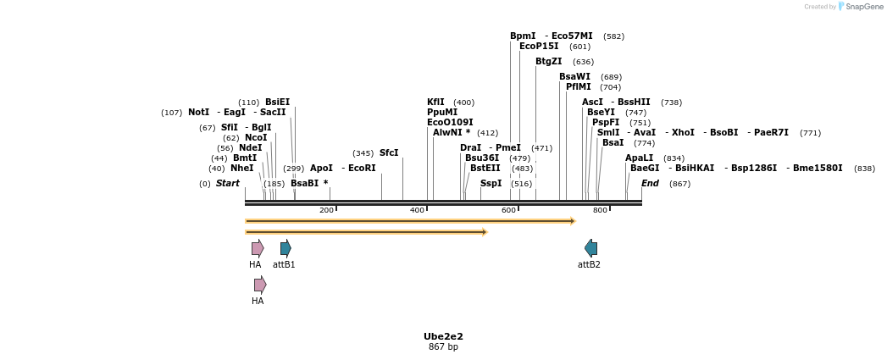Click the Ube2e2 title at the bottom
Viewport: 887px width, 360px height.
pos(443,336)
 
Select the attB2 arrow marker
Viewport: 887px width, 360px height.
pos(590,248)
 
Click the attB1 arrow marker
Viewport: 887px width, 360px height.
pos(286,248)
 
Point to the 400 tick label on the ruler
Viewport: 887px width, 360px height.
pos(417,210)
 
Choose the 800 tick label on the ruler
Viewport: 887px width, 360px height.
pos(600,210)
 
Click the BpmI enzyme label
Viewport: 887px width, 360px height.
pos(523,36)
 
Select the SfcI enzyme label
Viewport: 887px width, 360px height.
pos(389,153)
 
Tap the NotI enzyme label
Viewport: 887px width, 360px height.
pos(198,113)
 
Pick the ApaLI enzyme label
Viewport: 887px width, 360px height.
pos(639,158)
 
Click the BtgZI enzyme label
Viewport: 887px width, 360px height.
pos(548,62)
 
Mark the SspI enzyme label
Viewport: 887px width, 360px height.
pos(491,183)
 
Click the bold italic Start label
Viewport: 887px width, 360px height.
pos(228,183)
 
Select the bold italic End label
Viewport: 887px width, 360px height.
pos(650,183)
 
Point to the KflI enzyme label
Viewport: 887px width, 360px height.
pos(435,102)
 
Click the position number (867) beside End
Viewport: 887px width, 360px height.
pos(679,184)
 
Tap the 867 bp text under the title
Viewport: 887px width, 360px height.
pos(443,347)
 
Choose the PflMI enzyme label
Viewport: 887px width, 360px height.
pos(579,87)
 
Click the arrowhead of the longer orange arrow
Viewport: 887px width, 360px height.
pos(573,221)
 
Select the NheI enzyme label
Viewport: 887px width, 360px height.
pos(241,169)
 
